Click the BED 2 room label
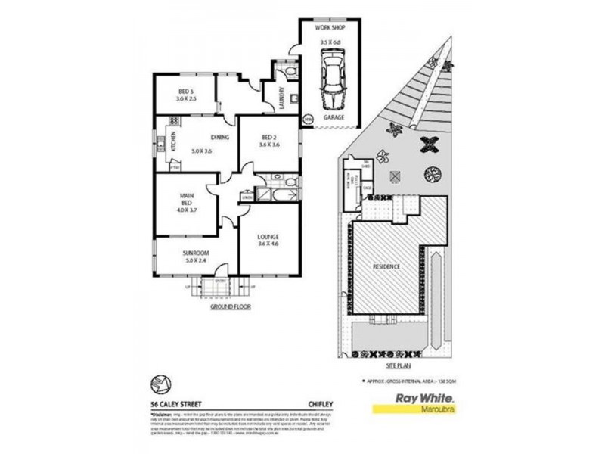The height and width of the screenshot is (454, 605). pos(269,139)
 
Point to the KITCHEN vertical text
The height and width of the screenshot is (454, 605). pos(173,141)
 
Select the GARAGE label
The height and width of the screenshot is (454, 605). pos(334,118)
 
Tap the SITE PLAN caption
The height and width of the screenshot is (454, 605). pos(388,362)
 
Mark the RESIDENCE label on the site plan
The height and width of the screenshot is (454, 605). pos(387,268)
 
